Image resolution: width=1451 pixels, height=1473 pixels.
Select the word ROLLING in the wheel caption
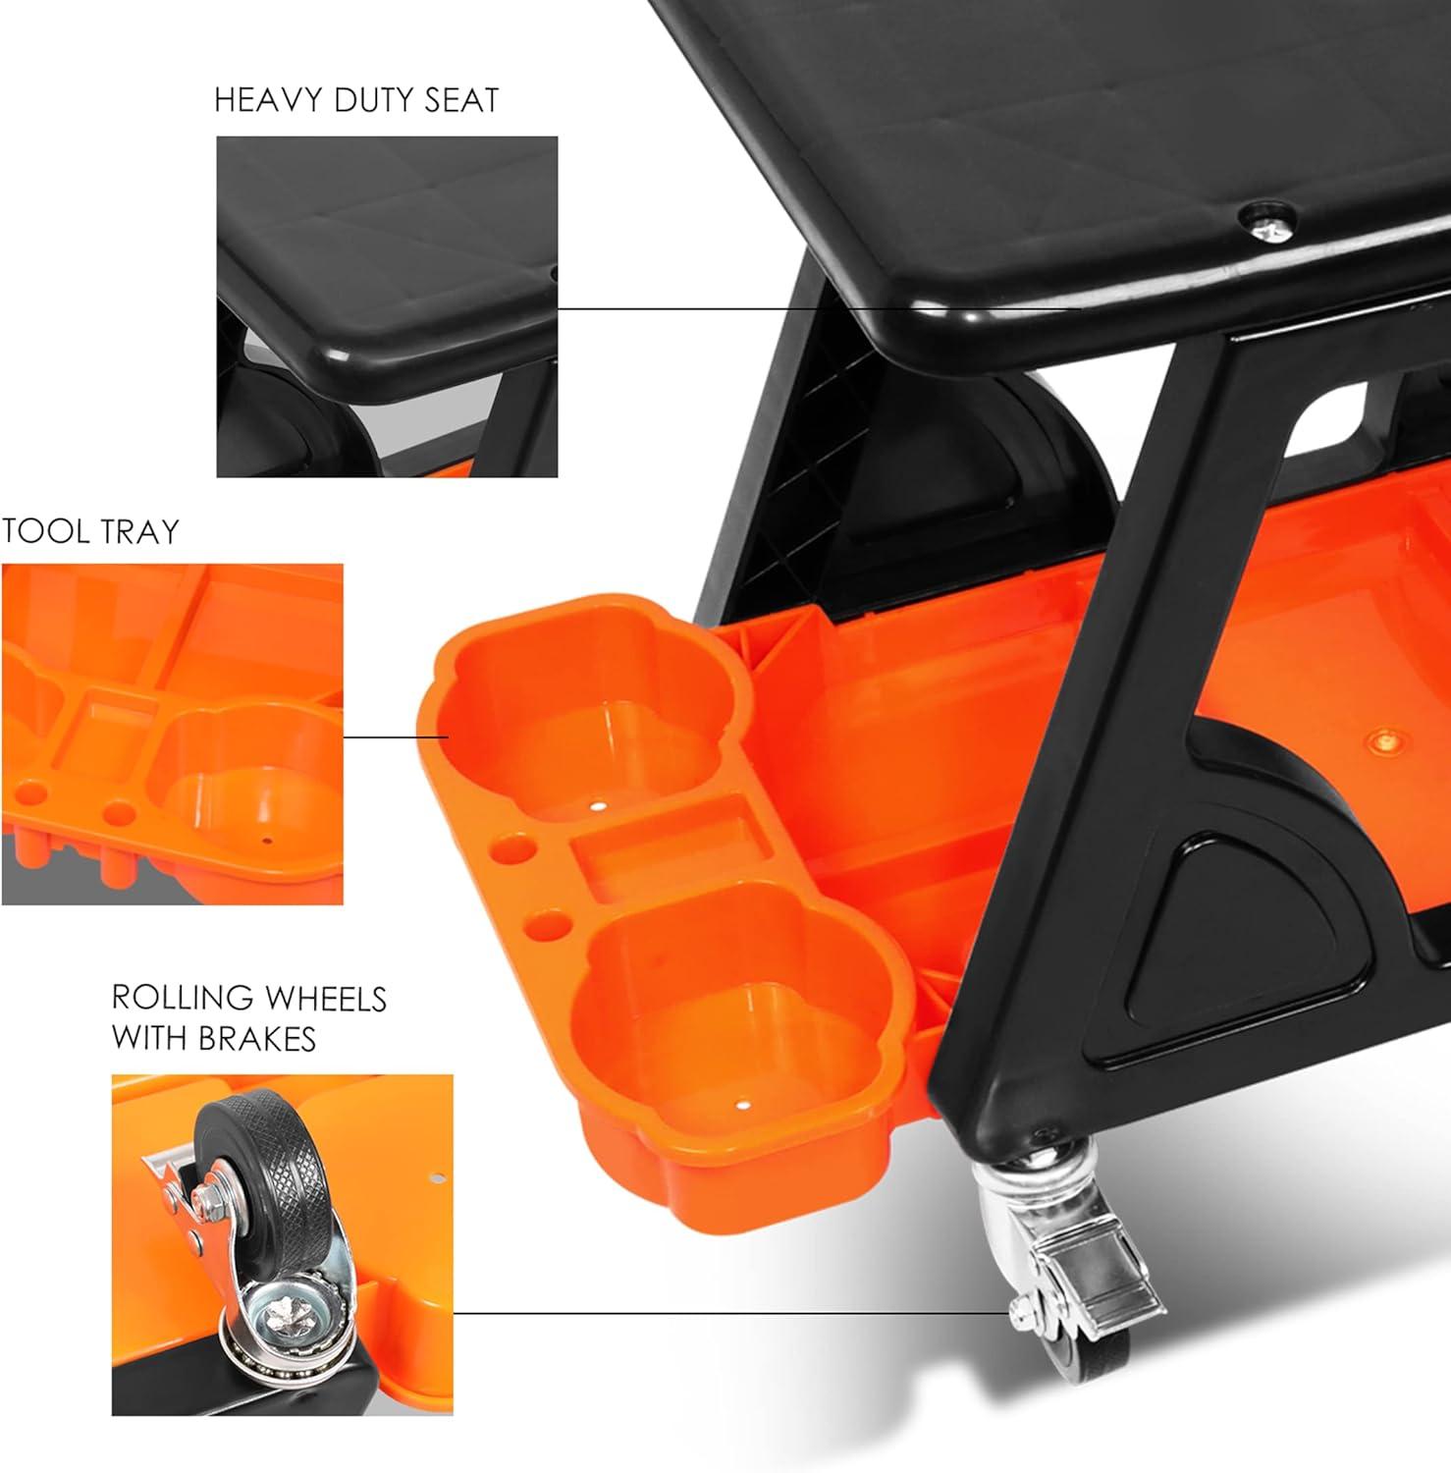pos(178,999)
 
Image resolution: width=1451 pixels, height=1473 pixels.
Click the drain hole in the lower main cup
pos(742,1103)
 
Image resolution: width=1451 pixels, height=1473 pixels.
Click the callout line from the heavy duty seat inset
pos(819,308)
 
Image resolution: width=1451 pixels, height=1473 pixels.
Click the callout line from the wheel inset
pos(732,1312)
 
